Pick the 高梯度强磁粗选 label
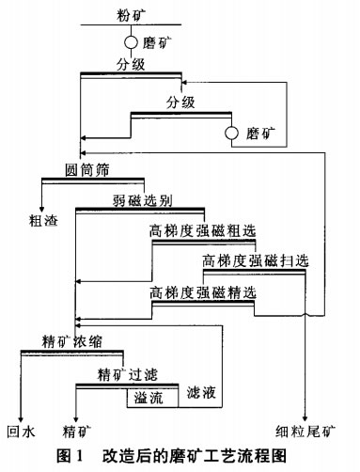point(201,230)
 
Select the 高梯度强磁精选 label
point(202,292)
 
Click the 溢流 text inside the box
point(149,398)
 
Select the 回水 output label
point(21,433)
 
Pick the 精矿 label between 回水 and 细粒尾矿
point(77,433)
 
